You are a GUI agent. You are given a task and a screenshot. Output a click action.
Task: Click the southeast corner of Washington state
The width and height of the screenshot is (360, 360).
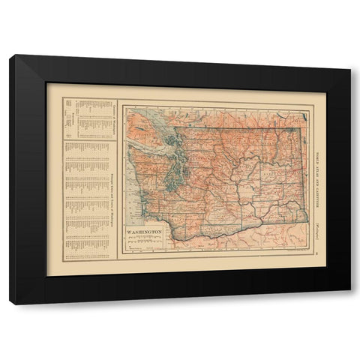307,221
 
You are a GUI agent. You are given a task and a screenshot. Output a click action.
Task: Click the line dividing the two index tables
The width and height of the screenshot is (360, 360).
88,138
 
